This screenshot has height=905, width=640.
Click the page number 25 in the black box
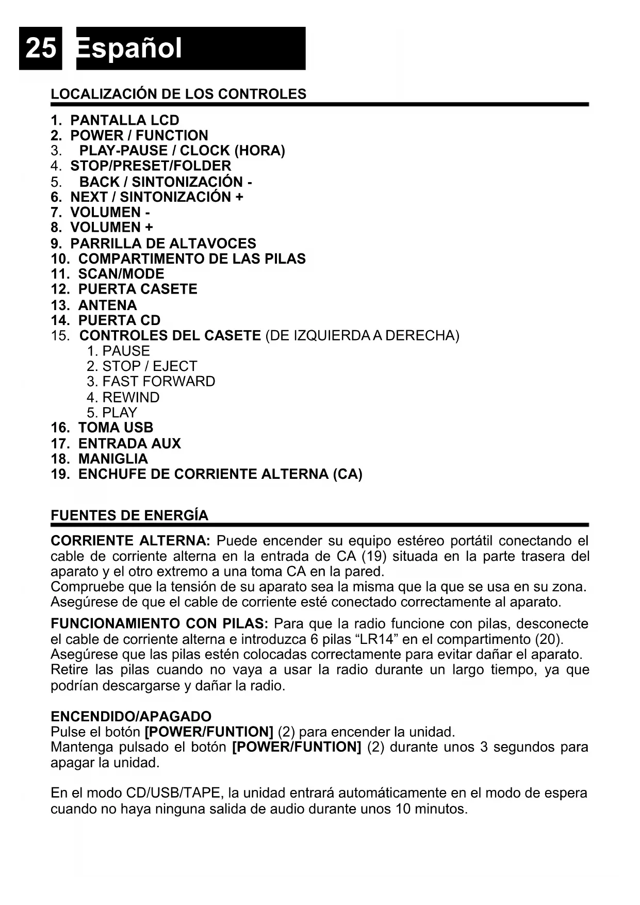click(x=40, y=49)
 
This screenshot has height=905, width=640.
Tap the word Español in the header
click(x=129, y=49)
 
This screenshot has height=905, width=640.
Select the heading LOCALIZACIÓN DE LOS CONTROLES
click(x=178, y=94)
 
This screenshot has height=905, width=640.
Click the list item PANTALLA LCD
click(x=124, y=120)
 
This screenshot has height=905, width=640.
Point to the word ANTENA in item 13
click(x=107, y=305)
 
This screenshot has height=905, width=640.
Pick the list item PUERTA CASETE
click(x=137, y=289)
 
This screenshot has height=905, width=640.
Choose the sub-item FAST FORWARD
click(x=158, y=381)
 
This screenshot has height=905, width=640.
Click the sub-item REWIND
click(x=130, y=397)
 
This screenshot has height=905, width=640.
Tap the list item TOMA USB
click(x=116, y=428)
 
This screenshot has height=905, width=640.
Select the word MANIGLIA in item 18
click(x=113, y=459)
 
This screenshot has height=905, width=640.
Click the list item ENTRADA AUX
click(x=129, y=444)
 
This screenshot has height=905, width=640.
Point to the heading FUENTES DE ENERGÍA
click(x=129, y=515)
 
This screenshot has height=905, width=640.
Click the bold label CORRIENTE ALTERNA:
click(x=130, y=541)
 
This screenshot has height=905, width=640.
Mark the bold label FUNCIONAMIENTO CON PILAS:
click(x=159, y=624)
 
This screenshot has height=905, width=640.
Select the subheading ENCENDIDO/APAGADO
click(x=131, y=717)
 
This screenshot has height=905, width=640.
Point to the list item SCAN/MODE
click(x=121, y=274)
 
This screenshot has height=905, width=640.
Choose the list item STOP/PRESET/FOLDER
click(x=151, y=166)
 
